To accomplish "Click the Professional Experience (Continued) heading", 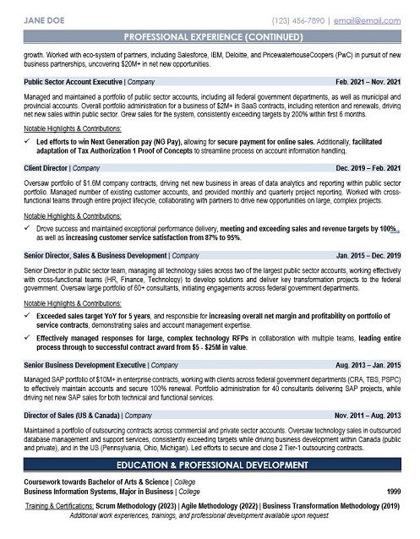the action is (210, 39).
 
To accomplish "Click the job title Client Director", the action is (47, 167).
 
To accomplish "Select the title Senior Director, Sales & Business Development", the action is (95, 253).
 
